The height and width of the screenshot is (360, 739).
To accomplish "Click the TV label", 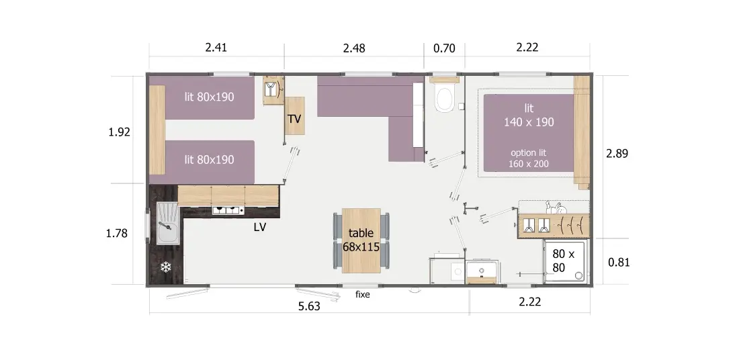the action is pos(294,119).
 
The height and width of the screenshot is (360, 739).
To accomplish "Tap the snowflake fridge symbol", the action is pos(165,267).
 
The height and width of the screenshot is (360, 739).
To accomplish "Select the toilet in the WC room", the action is pos(444,98).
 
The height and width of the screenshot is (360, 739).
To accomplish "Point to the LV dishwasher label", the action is pos(260,227).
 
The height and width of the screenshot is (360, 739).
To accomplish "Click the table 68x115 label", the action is pos(361,240).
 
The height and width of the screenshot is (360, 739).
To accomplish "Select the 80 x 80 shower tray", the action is pos(566,261).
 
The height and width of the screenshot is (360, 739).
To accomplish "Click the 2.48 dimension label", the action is pos(354,48).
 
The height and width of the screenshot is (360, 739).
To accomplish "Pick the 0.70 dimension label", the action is pos(444,48).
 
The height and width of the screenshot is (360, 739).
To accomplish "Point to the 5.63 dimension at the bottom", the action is pos(309,306).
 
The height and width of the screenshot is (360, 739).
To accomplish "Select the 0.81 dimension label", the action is pos(618,263).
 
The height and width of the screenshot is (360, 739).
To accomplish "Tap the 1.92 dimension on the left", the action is pos(119,132).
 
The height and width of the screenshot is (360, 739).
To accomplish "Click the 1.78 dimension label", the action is pos(117,233).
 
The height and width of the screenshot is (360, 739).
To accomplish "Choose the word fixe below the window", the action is pos(362,295).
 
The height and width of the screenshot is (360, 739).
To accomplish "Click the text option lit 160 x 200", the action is pos(529,159).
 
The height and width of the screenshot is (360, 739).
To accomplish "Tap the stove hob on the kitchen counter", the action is pos(228,210).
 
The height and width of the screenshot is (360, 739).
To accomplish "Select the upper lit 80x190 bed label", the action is pos(209,97).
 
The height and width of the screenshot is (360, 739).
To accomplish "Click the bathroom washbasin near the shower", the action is pos(481,273).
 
